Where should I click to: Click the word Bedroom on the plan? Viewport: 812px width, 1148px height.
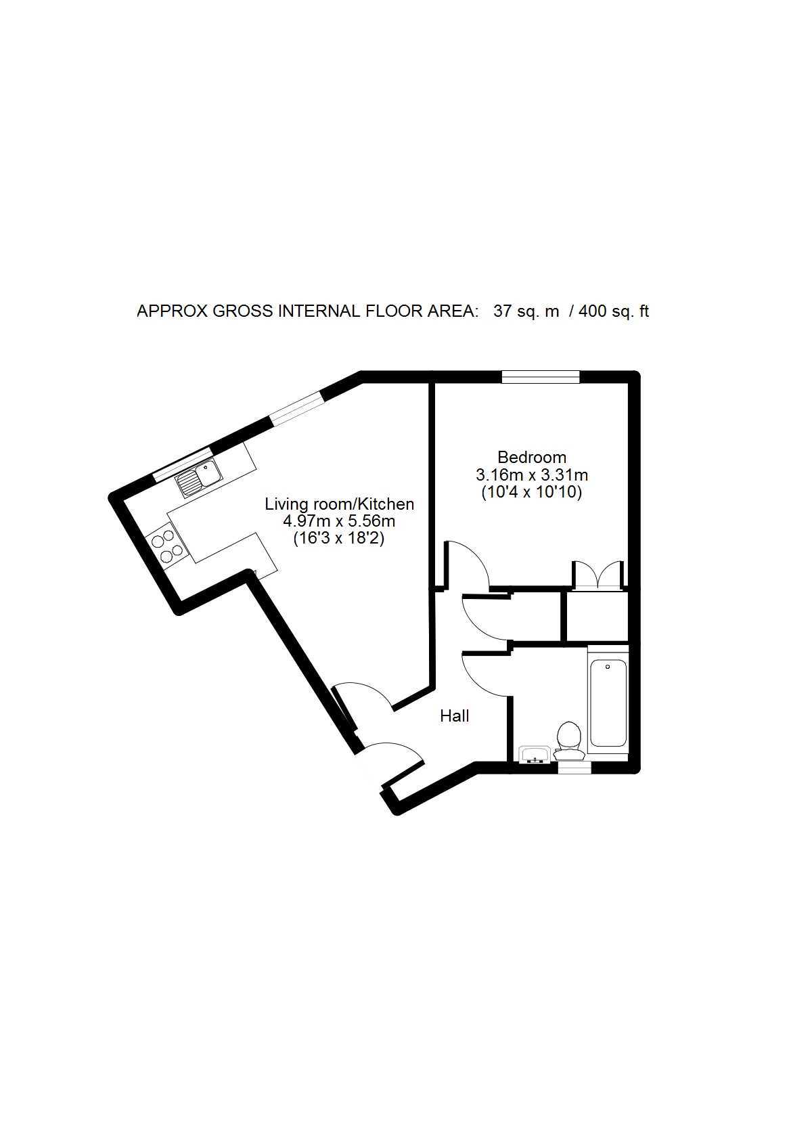(532, 457)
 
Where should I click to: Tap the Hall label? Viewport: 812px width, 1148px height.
(455, 716)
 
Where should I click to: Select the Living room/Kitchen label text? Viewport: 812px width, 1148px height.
(339, 504)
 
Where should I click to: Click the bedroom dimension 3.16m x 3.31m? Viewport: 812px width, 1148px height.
(532, 474)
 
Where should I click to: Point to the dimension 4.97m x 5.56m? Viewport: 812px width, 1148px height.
(339, 522)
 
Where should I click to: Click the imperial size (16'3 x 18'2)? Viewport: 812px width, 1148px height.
(339, 539)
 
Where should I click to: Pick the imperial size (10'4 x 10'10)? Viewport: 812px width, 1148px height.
(532, 493)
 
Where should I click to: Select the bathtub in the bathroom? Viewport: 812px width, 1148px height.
(608, 704)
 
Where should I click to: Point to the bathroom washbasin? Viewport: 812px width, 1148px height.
(535, 755)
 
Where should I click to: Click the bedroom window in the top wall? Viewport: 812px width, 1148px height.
(541, 376)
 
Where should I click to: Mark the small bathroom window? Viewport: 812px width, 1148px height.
(573, 767)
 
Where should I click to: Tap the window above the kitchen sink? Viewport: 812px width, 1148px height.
(183, 464)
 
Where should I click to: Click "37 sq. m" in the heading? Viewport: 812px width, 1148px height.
(526, 311)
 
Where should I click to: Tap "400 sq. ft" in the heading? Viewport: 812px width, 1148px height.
(614, 311)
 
